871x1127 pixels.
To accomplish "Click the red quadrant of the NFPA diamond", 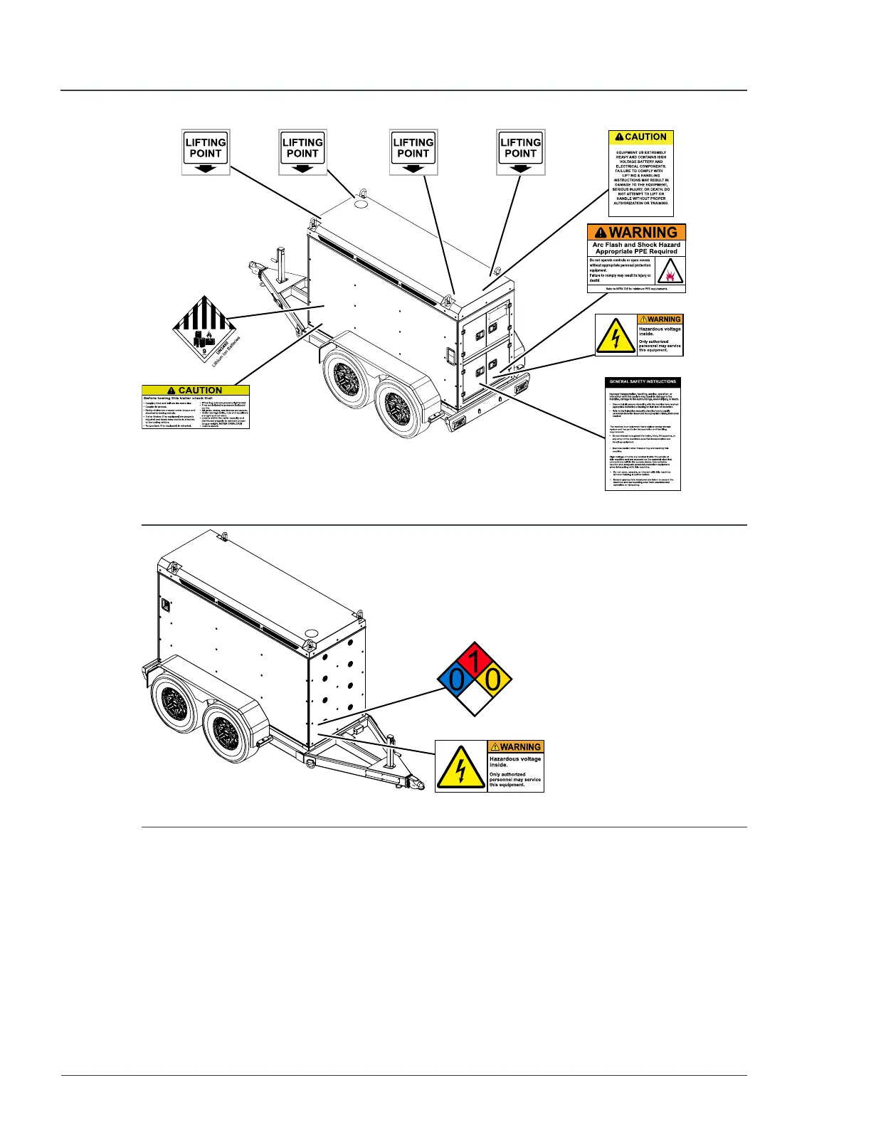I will (x=475, y=660).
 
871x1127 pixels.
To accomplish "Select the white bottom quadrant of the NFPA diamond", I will (x=475, y=702).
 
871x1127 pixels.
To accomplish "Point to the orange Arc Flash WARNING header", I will (x=636, y=233).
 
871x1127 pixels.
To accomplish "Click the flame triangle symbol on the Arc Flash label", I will (x=670, y=271).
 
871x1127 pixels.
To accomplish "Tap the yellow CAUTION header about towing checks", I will (x=196, y=391).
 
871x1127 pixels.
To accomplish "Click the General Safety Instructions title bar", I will (x=643, y=382).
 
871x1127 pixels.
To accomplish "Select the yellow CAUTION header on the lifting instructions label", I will (x=640, y=137).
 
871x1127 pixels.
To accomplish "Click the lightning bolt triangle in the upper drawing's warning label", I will (x=616, y=335).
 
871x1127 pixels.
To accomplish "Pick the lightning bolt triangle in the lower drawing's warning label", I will (x=461, y=767).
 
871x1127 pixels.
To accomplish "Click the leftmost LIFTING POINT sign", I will (x=206, y=152).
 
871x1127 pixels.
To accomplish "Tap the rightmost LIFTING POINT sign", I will (x=520, y=152).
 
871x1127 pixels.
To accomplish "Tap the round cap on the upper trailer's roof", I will (x=361, y=203).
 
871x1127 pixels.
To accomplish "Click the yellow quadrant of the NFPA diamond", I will (x=493, y=681).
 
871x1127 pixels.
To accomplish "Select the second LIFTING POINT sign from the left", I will (x=302, y=152).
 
